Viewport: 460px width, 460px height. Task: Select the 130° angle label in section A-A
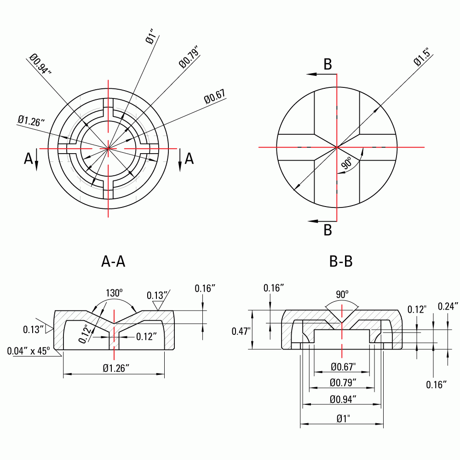(x=115, y=293)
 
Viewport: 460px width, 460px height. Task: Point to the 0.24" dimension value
(x=448, y=306)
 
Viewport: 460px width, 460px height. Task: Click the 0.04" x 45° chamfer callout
(x=29, y=351)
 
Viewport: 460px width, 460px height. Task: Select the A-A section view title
(x=113, y=262)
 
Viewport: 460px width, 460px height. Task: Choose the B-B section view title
(x=341, y=262)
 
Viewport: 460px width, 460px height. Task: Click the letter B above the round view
(x=328, y=65)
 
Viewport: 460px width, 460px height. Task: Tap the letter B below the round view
(x=328, y=230)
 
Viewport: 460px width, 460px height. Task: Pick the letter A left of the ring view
(x=29, y=159)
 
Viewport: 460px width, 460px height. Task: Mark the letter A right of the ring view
(x=189, y=159)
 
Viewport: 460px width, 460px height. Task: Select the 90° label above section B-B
(x=341, y=293)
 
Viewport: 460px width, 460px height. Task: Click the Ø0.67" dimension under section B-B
(x=343, y=367)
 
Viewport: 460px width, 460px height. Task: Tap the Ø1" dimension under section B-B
(x=343, y=419)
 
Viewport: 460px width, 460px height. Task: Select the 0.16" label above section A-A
(x=205, y=288)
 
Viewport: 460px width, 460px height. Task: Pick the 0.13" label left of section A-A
(x=34, y=329)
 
